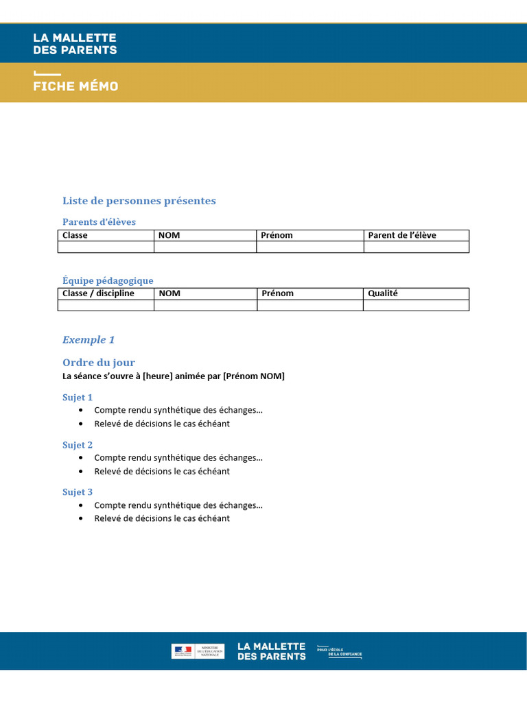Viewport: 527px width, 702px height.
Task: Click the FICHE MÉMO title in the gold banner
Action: click(x=75, y=86)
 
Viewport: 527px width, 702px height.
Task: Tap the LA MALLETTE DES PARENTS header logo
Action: click(x=75, y=44)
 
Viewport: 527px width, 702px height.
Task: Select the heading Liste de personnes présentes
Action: click(x=139, y=201)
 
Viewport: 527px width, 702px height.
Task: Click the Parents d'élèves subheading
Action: click(x=99, y=221)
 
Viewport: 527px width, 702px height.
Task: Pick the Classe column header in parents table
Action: click(x=75, y=235)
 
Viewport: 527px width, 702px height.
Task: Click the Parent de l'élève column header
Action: click(x=402, y=235)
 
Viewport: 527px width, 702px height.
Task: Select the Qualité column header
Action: click(x=382, y=293)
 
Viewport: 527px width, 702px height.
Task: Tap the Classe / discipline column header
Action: click(x=98, y=293)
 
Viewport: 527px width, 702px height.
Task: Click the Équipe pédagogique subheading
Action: click(x=108, y=280)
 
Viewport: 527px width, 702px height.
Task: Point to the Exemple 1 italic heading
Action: click(x=89, y=340)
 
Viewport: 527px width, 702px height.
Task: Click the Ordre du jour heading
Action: click(x=99, y=363)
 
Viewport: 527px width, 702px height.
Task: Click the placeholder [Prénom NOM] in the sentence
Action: click(x=253, y=376)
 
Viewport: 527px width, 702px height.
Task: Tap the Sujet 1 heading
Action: click(x=78, y=398)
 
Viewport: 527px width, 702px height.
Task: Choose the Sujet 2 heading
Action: click(x=78, y=445)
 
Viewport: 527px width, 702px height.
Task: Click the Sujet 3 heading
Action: click(x=78, y=492)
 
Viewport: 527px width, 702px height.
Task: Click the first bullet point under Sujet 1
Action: click(x=178, y=410)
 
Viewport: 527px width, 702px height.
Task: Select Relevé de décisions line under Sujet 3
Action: click(x=162, y=518)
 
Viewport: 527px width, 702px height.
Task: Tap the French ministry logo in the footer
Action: click(x=198, y=651)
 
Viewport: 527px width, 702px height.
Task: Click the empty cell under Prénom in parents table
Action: click(x=309, y=247)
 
